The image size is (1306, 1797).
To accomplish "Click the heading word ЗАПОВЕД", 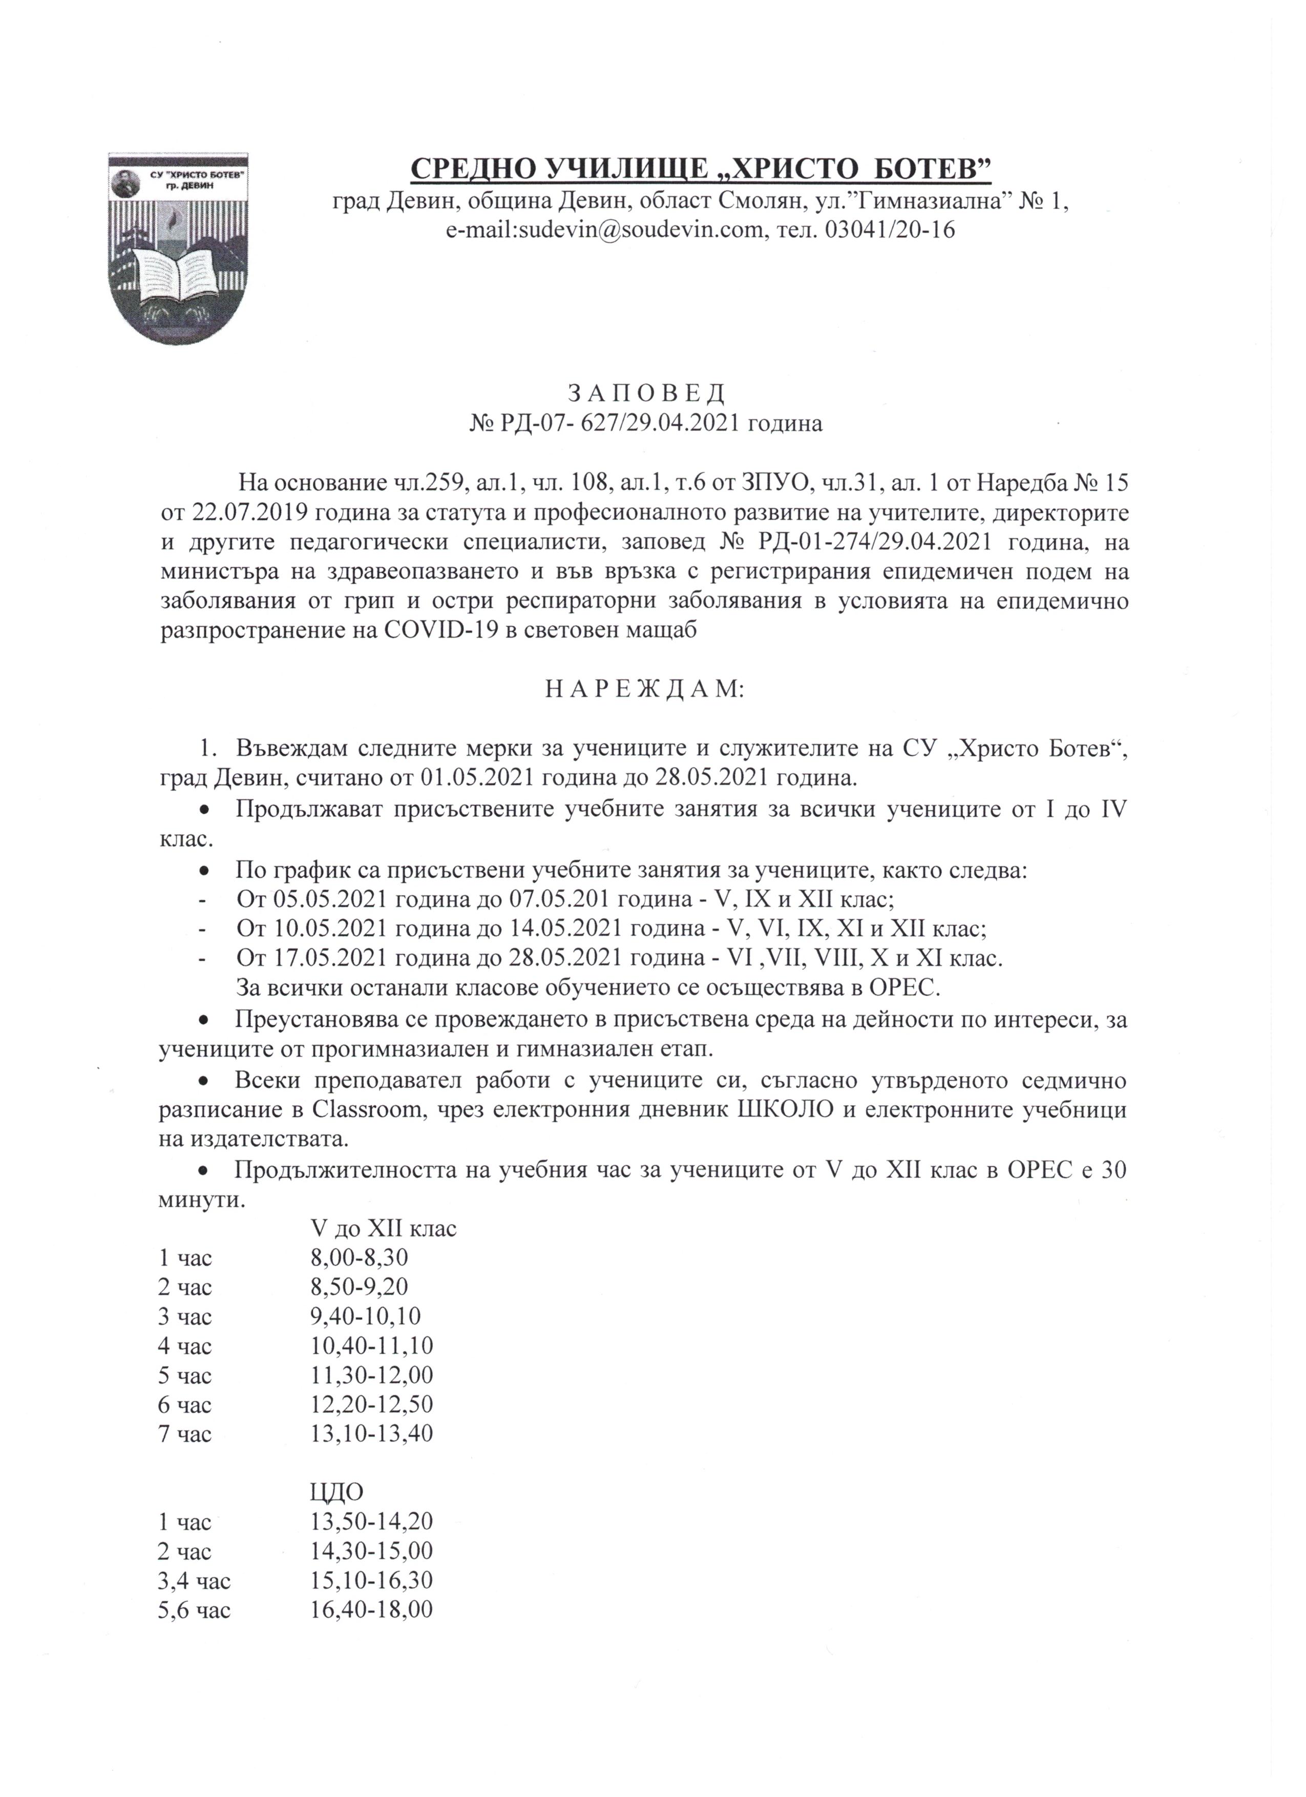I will pyautogui.click(x=646, y=393).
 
